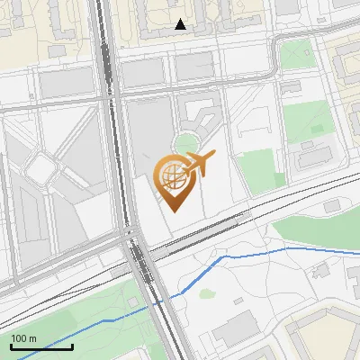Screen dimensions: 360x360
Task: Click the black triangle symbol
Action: [181, 25]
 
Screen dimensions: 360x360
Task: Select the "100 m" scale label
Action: [23, 337]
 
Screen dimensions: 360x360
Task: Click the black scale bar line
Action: [41, 346]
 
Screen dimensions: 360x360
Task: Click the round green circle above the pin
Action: [187, 143]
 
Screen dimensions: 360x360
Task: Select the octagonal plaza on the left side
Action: [41, 166]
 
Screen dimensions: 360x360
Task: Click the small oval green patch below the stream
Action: [207, 292]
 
